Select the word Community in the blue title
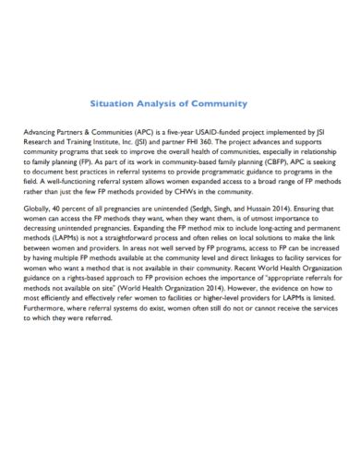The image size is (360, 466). [222, 106]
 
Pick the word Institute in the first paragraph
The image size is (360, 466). [110, 143]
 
